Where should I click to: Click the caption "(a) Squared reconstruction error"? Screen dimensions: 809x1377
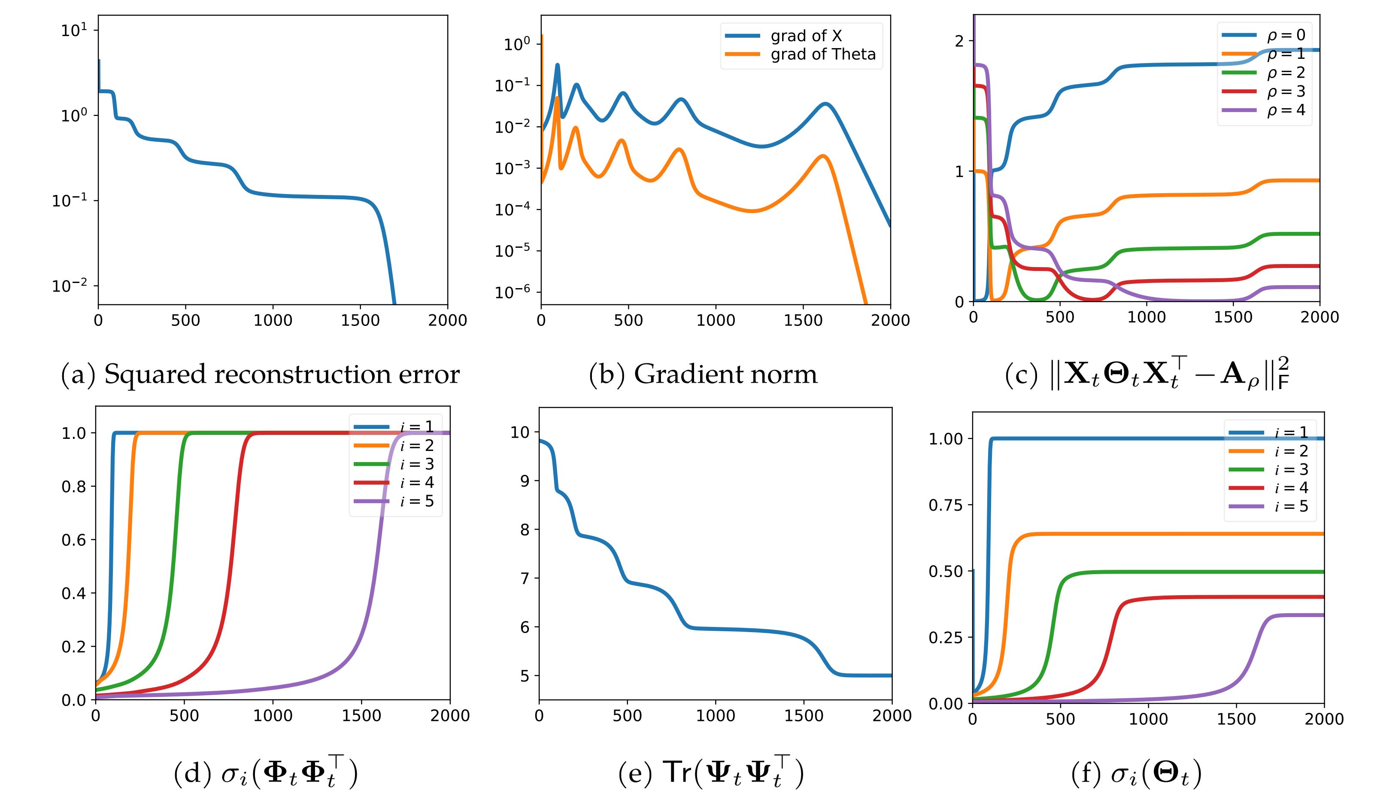(x=260, y=374)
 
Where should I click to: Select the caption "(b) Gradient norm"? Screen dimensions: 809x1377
(x=703, y=374)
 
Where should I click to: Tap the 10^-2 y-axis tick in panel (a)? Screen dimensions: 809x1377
(x=70, y=286)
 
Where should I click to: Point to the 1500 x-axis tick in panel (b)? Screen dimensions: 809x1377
(x=803, y=320)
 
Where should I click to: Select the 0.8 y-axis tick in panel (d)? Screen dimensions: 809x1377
(x=73, y=487)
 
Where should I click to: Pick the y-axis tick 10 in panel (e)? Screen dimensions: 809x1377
(x=520, y=432)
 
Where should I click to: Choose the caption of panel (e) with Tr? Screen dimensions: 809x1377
(x=710, y=775)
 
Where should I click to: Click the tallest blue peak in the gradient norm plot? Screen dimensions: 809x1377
(x=557, y=64)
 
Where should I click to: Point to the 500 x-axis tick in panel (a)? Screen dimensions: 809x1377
(x=185, y=320)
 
